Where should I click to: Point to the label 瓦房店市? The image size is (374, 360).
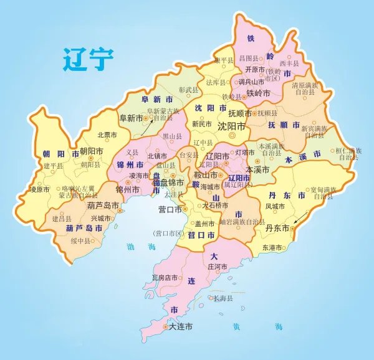tap(165, 277)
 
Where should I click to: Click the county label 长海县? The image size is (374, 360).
tap(223, 299)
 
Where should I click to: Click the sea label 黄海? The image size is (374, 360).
tap(256, 326)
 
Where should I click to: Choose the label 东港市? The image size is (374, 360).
tap(272, 247)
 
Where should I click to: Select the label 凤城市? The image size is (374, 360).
tap(274, 205)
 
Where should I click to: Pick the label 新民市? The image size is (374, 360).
tap(203, 123)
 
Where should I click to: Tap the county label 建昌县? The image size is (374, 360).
tap(62, 219)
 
